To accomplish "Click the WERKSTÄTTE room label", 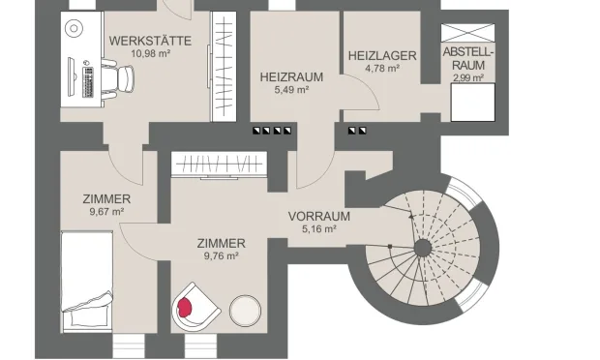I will tap(150, 41).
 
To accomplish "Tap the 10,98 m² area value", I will tap(150, 54).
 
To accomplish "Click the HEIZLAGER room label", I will tap(382, 56).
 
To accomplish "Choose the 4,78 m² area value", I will tap(382, 69).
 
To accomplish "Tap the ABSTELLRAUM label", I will tap(468, 58).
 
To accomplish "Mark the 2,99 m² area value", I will tap(468, 77).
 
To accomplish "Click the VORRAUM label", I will tap(318, 216).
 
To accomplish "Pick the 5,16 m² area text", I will tap(318, 229).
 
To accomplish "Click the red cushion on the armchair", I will tap(187, 307).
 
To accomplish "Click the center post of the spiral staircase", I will tap(422, 248).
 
